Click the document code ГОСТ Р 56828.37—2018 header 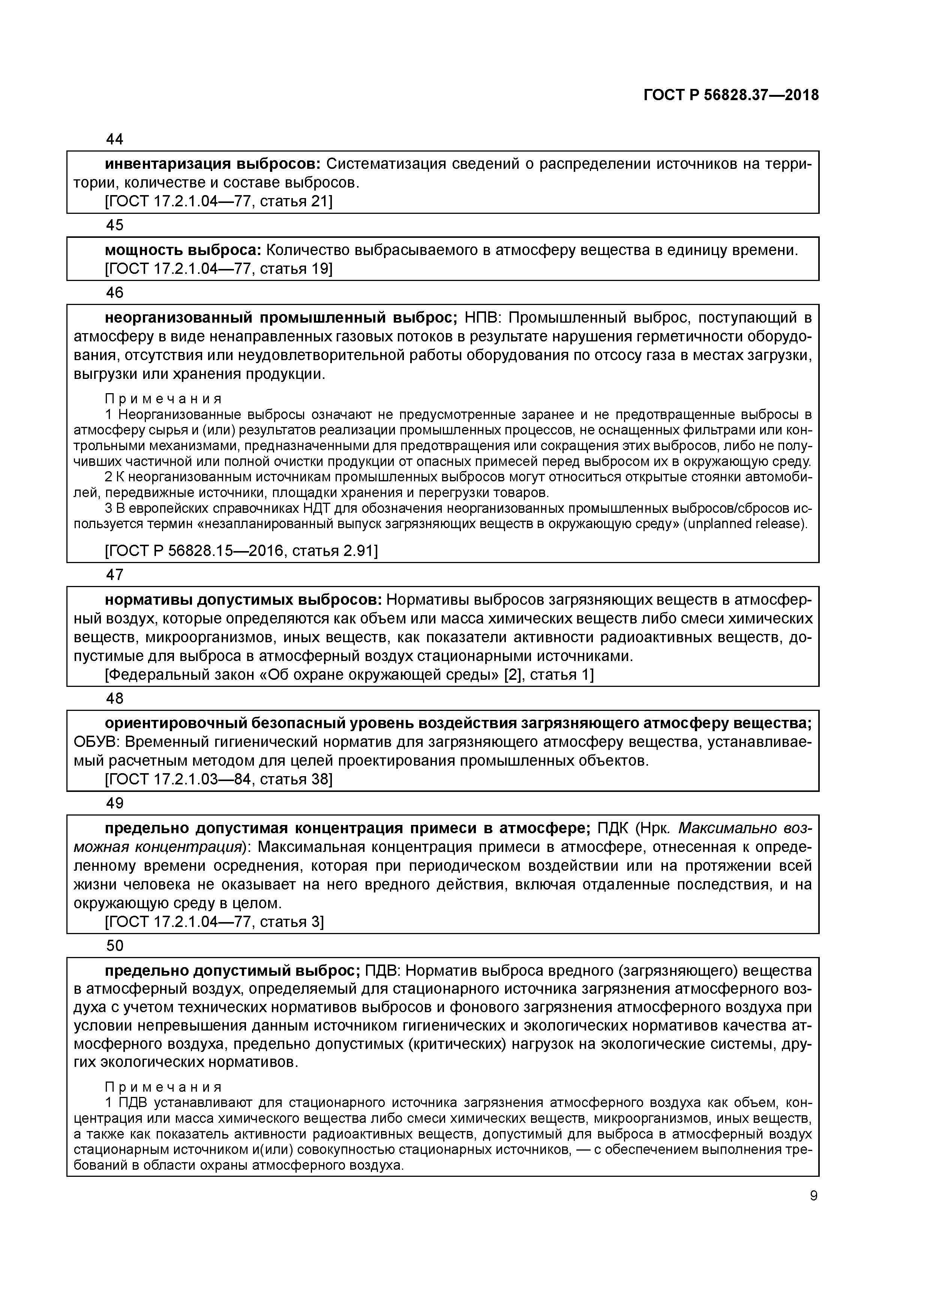[730, 95]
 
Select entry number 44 [115, 139]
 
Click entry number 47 [115, 574]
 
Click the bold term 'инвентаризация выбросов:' [213, 164]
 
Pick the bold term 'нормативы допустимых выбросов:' [243, 600]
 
